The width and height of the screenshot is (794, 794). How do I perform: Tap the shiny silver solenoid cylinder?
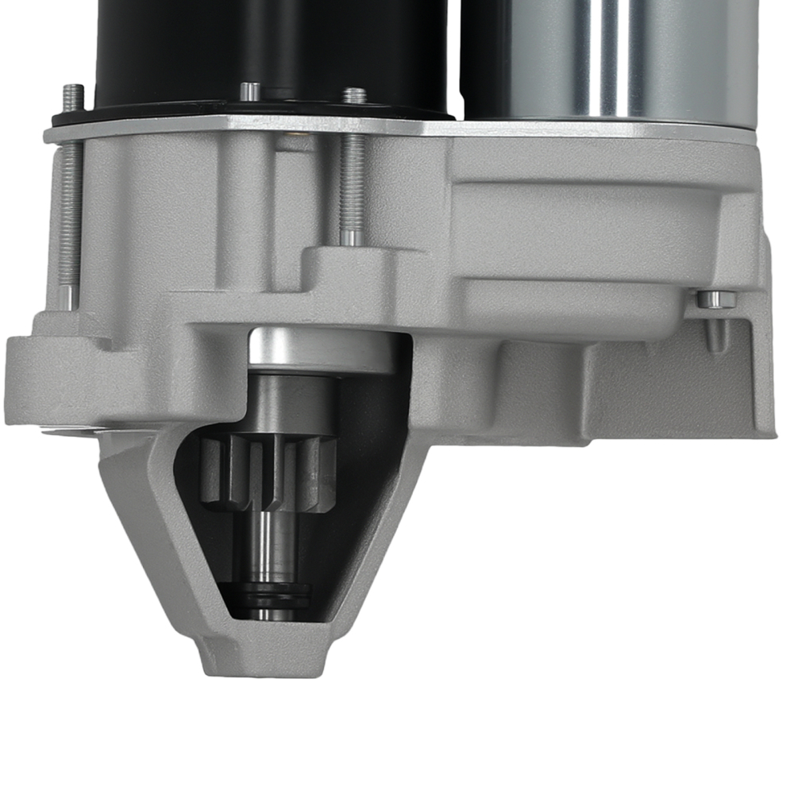[x=619, y=56]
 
